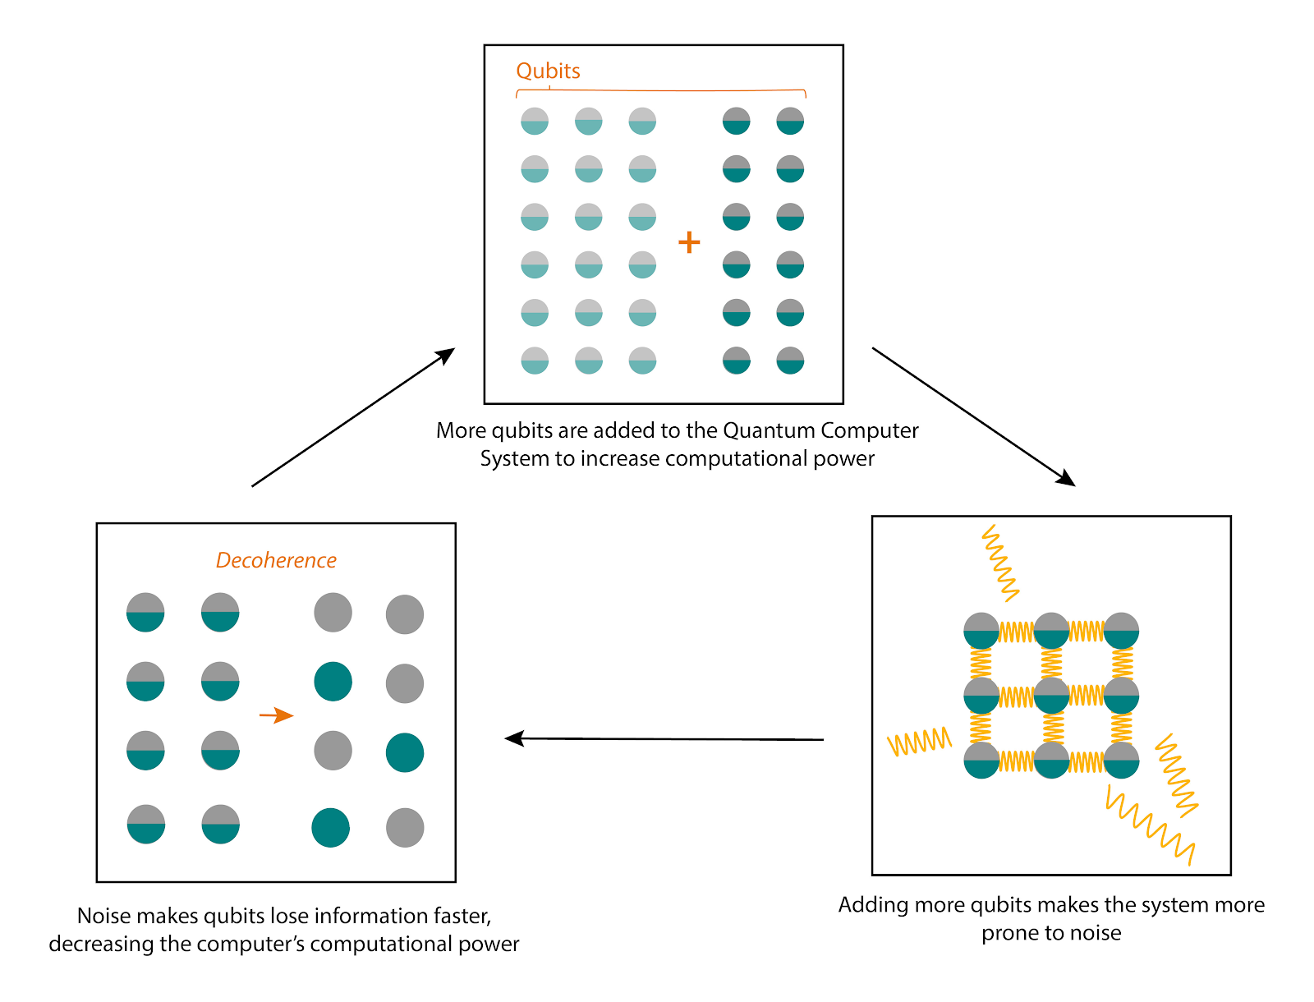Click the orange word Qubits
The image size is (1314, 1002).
[548, 71]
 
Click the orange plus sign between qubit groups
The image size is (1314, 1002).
[689, 242]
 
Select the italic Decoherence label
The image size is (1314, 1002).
[276, 560]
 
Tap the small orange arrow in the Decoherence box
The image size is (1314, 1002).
[276, 715]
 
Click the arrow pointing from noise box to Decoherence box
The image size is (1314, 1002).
[664, 739]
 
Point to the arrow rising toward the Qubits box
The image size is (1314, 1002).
[353, 417]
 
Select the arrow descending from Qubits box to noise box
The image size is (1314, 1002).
[973, 416]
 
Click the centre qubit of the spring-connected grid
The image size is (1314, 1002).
[1051, 696]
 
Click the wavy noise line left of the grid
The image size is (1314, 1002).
[920, 742]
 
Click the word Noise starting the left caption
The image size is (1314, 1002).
[104, 916]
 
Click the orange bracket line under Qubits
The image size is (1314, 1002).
[661, 90]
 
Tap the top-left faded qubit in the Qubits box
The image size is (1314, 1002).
[535, 122]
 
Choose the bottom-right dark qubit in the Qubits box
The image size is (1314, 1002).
[790, 361]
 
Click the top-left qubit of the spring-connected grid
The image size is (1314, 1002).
[981, 631]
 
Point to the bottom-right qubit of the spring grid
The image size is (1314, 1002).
[1122, 760]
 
